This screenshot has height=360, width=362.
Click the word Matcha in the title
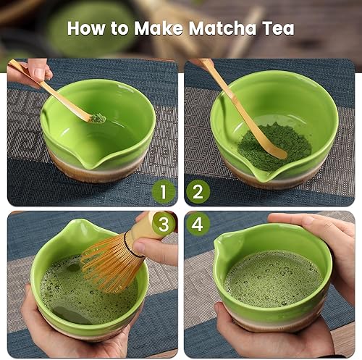pyautogui.click(x=222, y=28)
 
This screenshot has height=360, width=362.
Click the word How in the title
pyautogui.click(x=86, y=28)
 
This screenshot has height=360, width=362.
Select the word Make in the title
pyautogui.click(x=159, y=28)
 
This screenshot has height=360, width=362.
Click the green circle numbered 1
pyautogui.click(x=164, y=192)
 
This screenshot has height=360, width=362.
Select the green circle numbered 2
pyautogui.click(x=198, y=192)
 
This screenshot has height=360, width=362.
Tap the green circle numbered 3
pyautogui.click(x=164, y=224)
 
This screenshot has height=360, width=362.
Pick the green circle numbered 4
pyautogui.click(x=198, y=224)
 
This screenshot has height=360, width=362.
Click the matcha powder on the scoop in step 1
pyautogui.click(x=98, y=118)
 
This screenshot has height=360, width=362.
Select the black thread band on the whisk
pyautogui.click(x=131, y=244)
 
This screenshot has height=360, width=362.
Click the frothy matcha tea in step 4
pyautogui.click(x=274, y=278)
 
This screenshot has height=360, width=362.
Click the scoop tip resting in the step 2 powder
pyautogui.click(x=280, y=153)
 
